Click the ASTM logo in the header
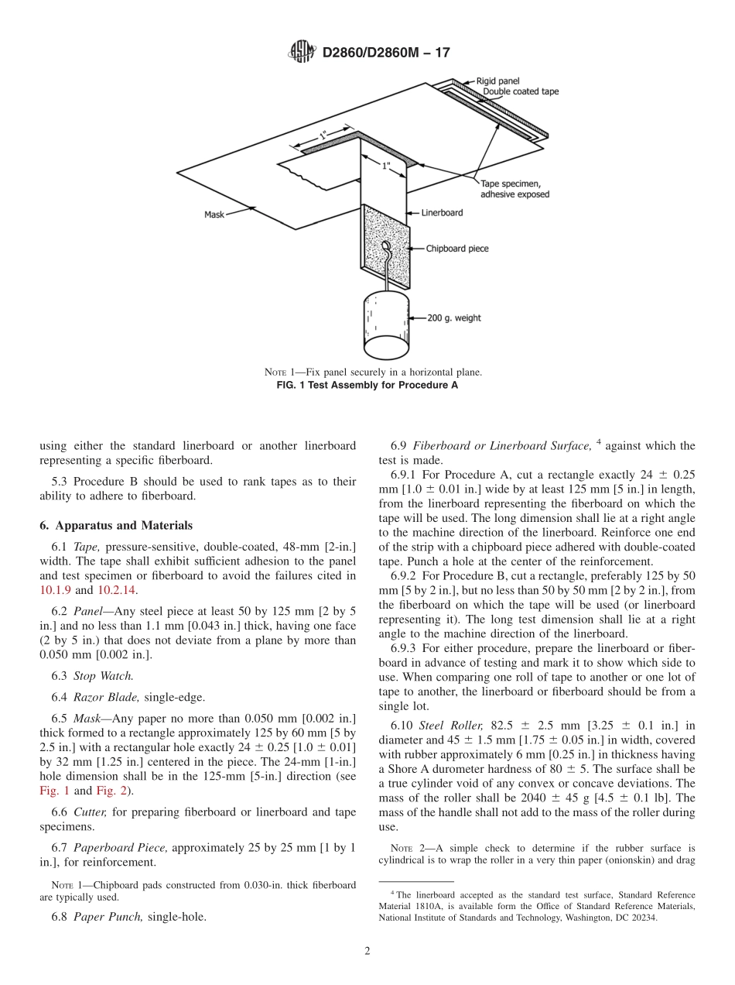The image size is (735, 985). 302,52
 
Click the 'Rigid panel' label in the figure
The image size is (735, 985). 497,81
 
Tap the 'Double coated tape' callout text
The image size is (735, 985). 520,91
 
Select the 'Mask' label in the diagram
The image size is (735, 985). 214,215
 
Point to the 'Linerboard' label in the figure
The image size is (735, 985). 443,212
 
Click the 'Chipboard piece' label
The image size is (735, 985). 457,249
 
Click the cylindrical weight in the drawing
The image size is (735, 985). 386,323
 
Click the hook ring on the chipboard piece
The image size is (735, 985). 385,250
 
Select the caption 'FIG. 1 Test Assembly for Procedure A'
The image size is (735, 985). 367,385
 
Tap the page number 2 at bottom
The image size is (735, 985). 367,952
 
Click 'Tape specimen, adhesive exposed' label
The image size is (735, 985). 514,189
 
